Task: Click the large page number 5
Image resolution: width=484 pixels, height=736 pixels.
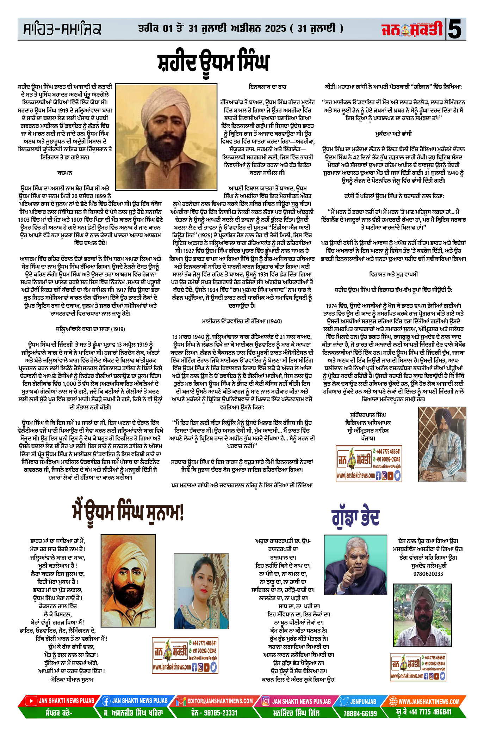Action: click(x=455, y=29)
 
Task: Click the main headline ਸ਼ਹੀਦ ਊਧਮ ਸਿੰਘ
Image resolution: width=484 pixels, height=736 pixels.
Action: click(x=213, y=63)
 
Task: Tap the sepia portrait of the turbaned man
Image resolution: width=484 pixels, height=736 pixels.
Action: click(x=166, y=136)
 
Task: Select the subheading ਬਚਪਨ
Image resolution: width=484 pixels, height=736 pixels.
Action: click(x=65, y=173)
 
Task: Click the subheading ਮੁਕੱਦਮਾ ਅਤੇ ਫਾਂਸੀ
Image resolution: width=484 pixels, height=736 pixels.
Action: click(x=393, y=134)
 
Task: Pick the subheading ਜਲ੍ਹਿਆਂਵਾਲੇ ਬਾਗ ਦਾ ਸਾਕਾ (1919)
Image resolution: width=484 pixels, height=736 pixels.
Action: click(x=90, y=329)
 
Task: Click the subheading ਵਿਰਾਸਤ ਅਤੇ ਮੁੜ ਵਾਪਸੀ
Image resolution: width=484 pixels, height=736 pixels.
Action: click(x=393, y=274)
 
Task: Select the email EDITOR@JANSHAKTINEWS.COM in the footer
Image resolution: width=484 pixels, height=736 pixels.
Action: click(x=220, y=701)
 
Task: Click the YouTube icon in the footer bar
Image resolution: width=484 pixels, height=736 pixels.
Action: click(x=31, y=701)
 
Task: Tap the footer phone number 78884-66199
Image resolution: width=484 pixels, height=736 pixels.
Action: click(x=360, y=713)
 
